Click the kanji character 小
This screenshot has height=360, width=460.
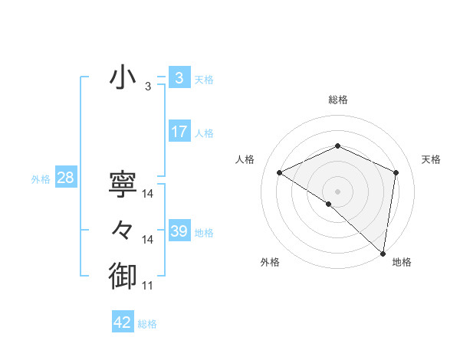coord(123,77)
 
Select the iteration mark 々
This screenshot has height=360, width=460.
coord(123,230)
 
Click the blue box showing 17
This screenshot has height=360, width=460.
coord(179,132)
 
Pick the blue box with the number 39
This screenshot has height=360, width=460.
coord(179,231)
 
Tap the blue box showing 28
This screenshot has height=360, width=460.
coord(65,178)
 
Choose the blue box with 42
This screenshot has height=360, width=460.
coord(123,322)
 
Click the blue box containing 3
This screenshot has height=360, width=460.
coord(179,78)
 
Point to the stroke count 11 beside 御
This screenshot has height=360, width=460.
coord(148,286)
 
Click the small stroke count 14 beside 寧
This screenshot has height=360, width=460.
coord(148,194)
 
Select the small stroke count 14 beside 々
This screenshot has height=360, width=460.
coord(148,240)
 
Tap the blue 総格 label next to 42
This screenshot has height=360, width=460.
coord(147,324)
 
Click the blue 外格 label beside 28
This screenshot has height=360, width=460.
coord(41,179)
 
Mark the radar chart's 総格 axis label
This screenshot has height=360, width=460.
coord(337,100)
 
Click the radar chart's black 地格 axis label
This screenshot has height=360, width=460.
coord(402,262)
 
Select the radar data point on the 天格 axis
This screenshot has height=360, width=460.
coord(396,172)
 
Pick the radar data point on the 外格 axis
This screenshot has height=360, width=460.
coord(329,204)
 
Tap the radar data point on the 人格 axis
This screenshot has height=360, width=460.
coord(280,172)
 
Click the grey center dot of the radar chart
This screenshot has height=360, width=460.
coord(337,191)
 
